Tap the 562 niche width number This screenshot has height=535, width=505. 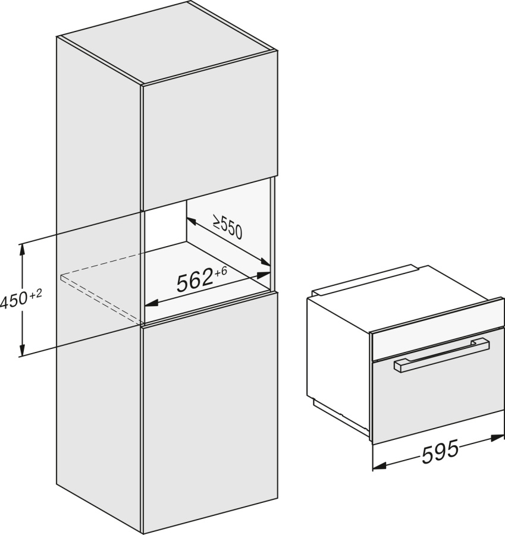tap(195, 281)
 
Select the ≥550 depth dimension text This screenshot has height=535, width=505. tap(227, 226)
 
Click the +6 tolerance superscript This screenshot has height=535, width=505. tap(221, 272)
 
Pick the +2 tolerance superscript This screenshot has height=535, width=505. tap(35, 294)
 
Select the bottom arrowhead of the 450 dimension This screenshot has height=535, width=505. tap(23, 350)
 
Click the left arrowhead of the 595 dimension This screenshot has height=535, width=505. tap(379, 465)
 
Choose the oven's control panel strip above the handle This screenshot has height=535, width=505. tap(438, 344)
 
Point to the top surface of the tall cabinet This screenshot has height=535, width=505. tap(167, 42)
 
